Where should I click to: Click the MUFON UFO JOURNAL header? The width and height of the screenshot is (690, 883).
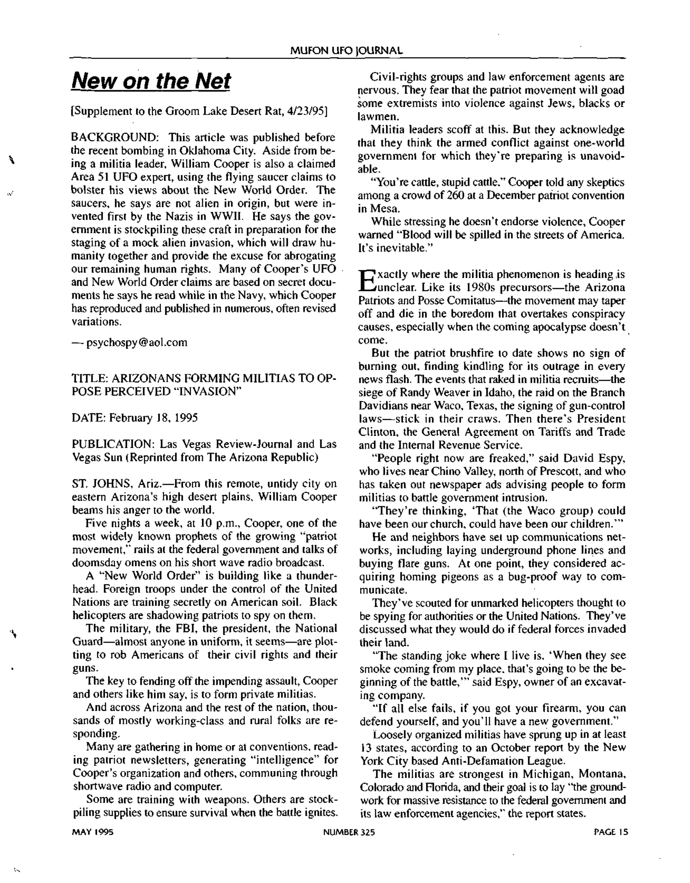(x=346, y=51)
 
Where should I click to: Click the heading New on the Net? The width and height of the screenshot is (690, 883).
(x=151, y=81)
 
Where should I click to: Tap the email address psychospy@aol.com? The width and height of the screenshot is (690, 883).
(x=136, y=343)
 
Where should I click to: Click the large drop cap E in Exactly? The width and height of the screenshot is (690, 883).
(x=366, y=281)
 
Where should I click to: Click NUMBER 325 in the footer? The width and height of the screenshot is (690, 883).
(x=349, y=832)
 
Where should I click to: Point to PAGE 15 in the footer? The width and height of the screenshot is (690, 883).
(x=611, y=832)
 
